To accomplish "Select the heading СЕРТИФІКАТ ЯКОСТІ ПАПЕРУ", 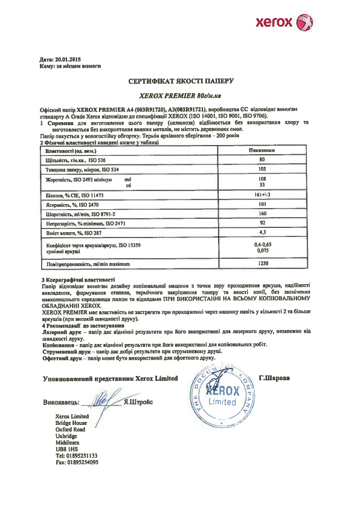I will (181, 80).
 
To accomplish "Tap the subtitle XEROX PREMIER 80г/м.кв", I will (181, 96).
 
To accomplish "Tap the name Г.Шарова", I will (274, 378).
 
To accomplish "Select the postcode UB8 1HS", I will (66, 449).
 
